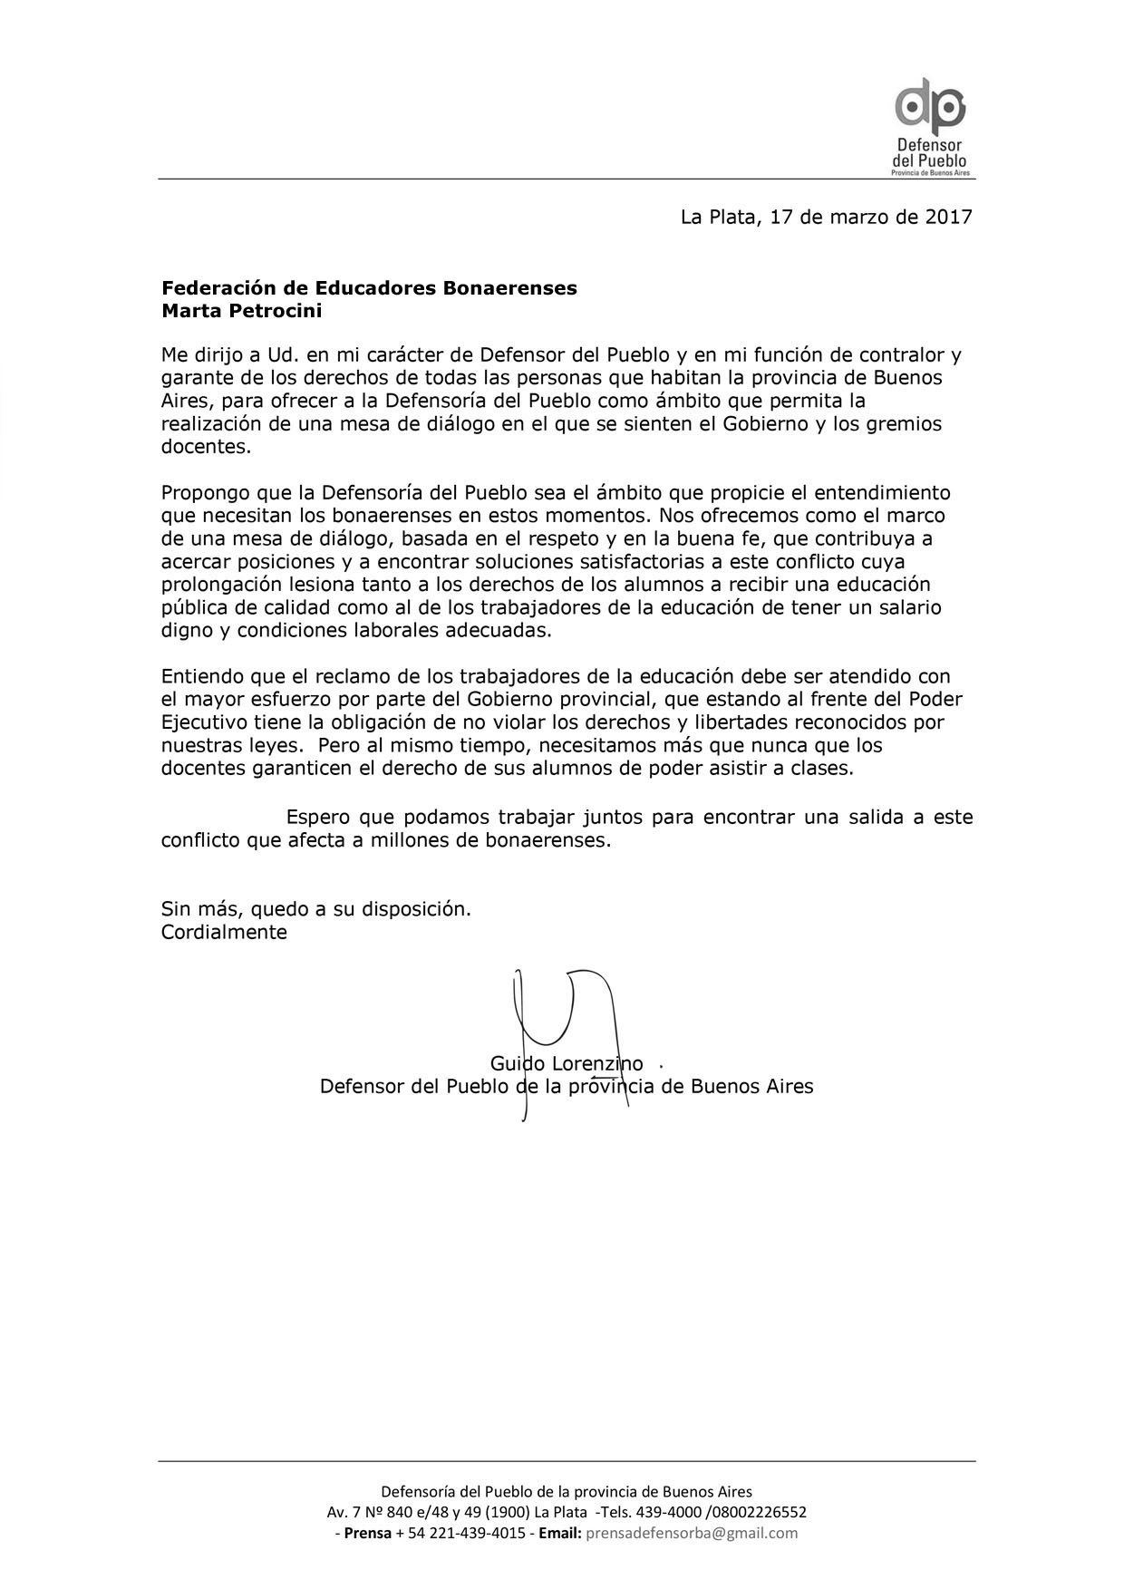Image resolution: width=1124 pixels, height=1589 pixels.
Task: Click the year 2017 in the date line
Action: point(948,218)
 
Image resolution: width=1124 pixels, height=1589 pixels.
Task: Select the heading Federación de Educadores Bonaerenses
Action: point(369,288)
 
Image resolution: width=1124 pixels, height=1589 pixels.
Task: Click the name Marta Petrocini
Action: point(241,312)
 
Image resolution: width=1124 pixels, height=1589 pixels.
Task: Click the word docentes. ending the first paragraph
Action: point(206,447)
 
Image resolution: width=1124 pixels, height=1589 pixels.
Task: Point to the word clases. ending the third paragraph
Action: point(820,769)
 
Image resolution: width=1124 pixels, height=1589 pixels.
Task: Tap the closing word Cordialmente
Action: point(224,932)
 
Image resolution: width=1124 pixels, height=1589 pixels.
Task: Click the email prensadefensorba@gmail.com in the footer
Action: point(692,1534)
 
